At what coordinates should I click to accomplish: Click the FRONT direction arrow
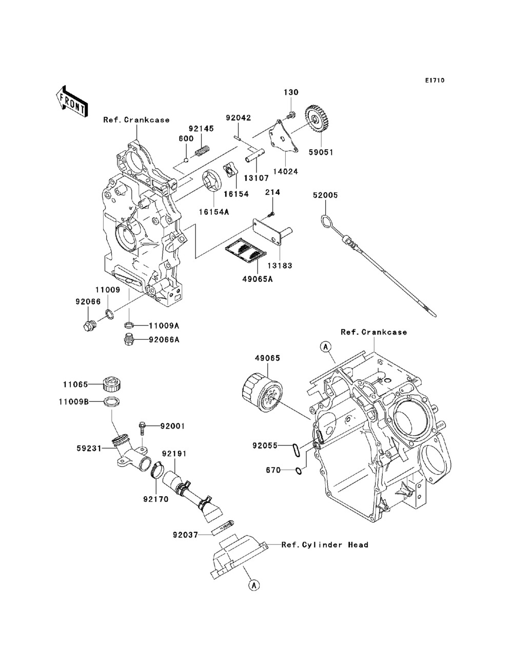coord(72,101)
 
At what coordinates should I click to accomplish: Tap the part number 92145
coord(201,129)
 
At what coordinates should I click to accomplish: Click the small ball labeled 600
coord(187,159)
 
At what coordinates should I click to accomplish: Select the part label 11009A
coord(164,326)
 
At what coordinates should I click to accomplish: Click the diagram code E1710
coord(435,80)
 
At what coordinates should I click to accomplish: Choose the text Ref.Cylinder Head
coord(325,545)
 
